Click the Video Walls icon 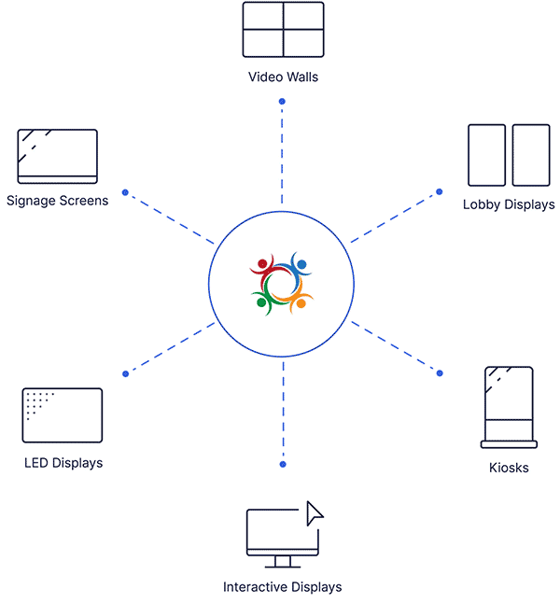point(283,31)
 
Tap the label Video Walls point(283,77)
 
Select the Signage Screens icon point(57,156)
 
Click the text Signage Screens point(57,200)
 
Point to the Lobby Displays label point(509,204)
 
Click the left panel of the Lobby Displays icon point(486,155)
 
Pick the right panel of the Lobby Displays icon point(531,155)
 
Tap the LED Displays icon point(62,415)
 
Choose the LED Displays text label point(63,463)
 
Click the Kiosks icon point(509,406)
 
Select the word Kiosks point(509,468)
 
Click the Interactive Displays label point(283,587)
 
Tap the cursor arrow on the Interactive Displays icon point(315,512)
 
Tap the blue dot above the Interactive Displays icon point(283,464)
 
